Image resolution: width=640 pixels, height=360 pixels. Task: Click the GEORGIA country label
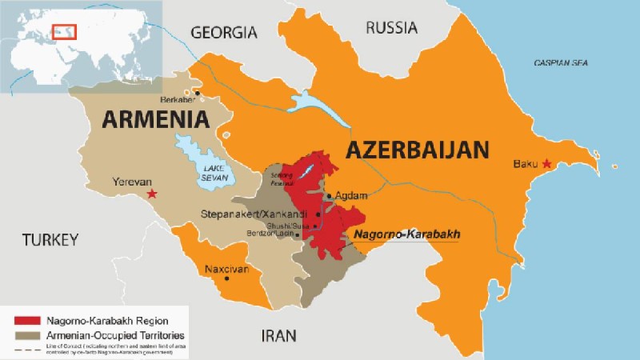(223, 33)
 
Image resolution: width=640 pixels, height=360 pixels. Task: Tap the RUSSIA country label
(391, 28)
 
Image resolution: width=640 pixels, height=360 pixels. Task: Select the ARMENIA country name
(155, 120)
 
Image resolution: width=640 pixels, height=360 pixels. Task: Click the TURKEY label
(50, 239)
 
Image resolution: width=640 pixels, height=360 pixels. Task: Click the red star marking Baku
(547, 164)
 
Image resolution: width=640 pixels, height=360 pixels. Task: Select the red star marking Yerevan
(152, 194)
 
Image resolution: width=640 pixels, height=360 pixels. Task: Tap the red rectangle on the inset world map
(63, 31)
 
